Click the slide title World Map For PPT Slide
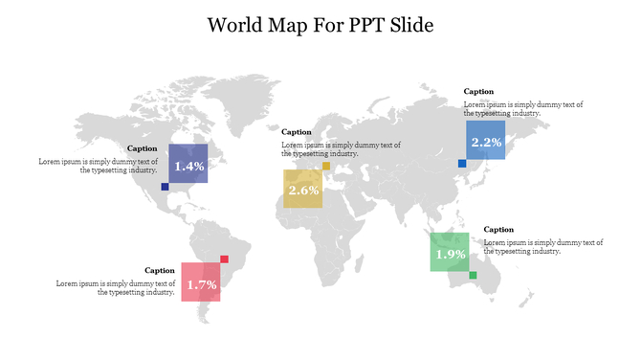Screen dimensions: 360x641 click(320, 24)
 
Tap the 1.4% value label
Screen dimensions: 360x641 click(188, 167)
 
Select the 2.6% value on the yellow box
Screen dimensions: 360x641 click(303, 191)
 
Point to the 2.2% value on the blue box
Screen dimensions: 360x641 click(486, 142)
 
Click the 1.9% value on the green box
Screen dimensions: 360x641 click(451, 255)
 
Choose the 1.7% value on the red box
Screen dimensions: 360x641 click(201, 285)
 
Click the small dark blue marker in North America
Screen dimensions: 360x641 click(165, 187)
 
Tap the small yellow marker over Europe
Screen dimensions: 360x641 click(326, 166)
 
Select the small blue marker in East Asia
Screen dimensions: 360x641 click(462, 164)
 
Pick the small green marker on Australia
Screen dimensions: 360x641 click(473, 276)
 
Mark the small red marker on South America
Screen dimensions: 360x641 click(224, 259)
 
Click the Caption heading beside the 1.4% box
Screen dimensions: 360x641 click(142, 148)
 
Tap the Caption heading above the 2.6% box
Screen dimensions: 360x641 click(297, 132)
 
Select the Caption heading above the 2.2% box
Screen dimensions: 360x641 click(478, 92)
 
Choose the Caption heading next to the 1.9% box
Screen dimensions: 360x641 click(498, 230)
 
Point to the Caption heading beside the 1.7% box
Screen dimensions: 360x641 click(160, 271)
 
